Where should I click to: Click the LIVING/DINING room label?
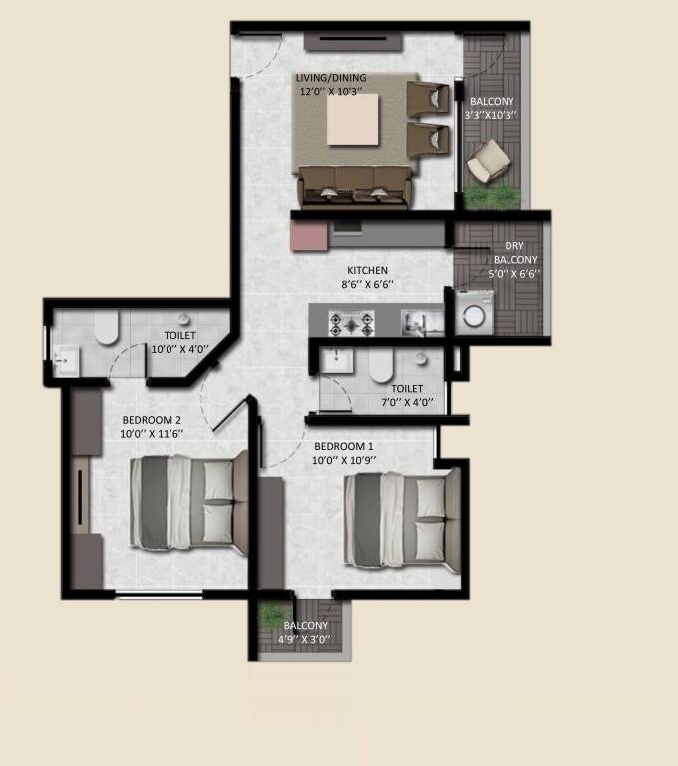[x=331, y=78]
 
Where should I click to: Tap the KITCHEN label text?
[x=367, y=270]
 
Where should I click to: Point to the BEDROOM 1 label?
[x=344, y=445]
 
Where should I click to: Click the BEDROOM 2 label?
[x=152, y=419]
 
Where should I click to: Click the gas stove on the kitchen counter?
[x=352, y=323]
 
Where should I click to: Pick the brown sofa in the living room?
[x=352, y=184]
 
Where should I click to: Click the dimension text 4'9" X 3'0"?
[x=304, y=639]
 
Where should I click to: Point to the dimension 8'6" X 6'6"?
[x=367, y=284]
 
